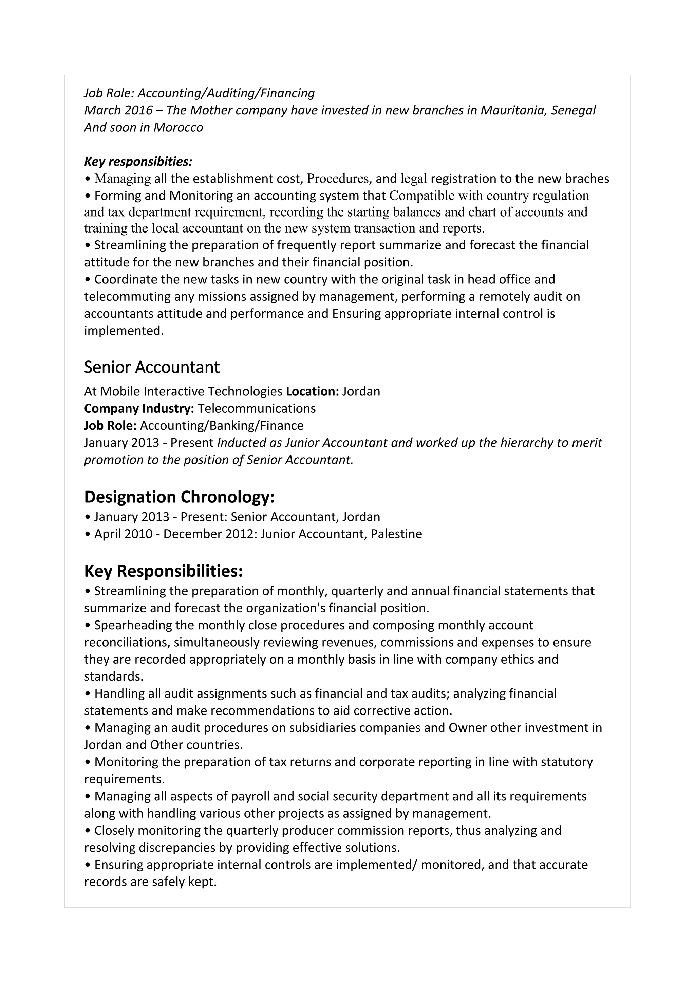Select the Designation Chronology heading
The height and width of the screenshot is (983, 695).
179,497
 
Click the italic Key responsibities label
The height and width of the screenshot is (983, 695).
138,162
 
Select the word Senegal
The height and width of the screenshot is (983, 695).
573,110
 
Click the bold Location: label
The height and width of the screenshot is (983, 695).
313,391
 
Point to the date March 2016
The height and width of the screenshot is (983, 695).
118,110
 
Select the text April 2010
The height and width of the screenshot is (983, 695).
123,534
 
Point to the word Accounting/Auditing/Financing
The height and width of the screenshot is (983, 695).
226,93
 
